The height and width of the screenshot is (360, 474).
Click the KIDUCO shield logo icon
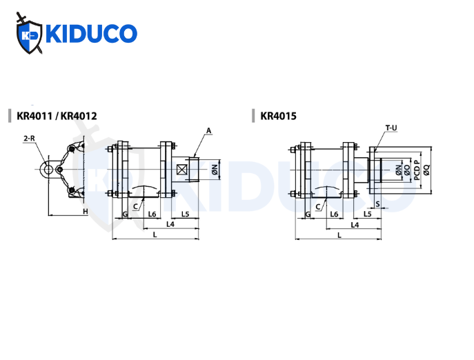[x=29, y=33]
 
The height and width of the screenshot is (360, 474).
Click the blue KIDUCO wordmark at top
[x=91, y=34]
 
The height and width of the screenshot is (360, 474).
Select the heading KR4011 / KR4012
[x=57, y=116]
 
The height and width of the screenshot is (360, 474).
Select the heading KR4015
[x=279, y=116]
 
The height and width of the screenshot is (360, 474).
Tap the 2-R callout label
[x=29, y=139]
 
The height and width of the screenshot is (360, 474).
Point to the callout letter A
[x=208, y=130]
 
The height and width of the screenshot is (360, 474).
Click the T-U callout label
[x=391, y=128]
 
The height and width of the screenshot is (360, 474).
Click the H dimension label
[x=86, y=211]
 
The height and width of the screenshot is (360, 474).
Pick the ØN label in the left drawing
[x=215, y=170]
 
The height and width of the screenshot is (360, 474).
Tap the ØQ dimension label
[x=426, y=170]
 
